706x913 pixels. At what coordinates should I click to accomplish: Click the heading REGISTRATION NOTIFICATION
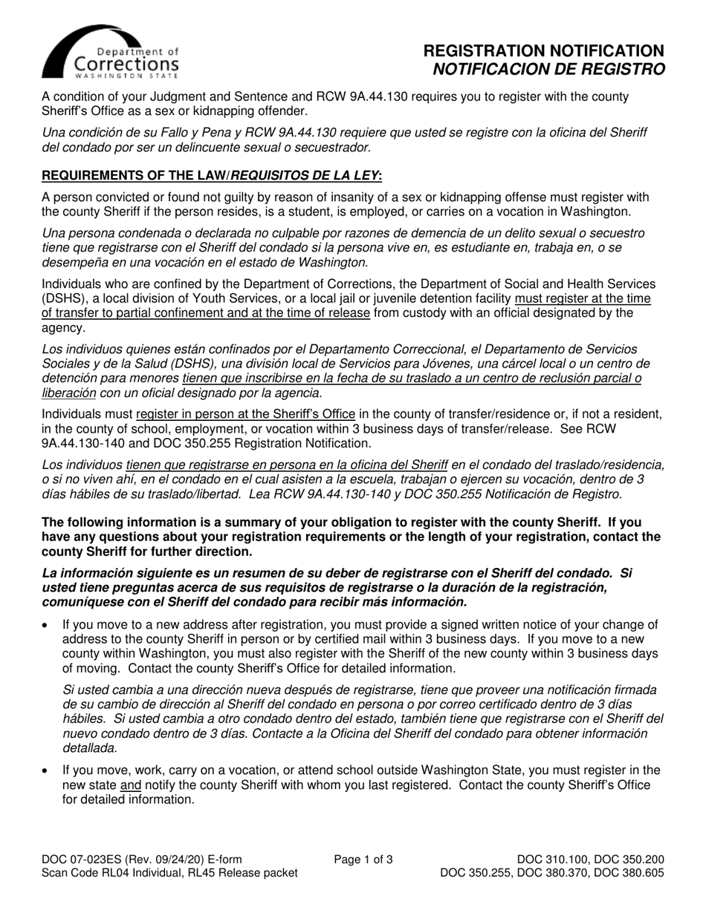click(x=543, y=51)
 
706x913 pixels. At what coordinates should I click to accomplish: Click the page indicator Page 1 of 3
click(x=363, y=860)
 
